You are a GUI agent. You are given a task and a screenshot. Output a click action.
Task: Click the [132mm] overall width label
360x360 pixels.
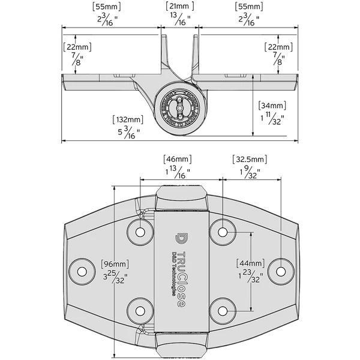click(128, 119)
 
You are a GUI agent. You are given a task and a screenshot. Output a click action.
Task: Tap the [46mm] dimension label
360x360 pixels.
click(178, 159)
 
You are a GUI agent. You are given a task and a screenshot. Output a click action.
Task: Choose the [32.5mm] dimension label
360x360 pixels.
click(250, 159)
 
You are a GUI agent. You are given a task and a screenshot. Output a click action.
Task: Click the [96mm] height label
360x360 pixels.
click(115, 264)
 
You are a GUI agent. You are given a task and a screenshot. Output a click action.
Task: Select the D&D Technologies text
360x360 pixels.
click(173, 271)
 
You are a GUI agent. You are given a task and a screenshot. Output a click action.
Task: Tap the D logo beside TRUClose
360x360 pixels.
click(181, 237)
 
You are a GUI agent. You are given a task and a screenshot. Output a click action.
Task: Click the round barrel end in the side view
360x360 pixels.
click(180, 108)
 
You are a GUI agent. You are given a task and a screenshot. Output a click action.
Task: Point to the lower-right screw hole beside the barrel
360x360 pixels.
click(222, 310)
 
